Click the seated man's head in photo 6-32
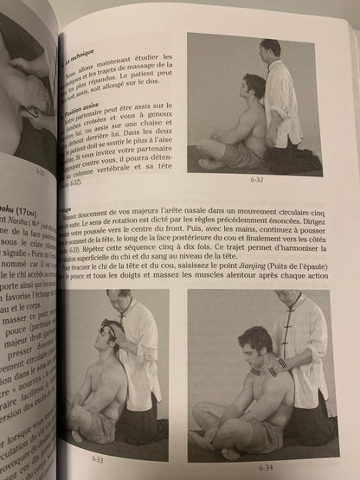click(x=254, y=86)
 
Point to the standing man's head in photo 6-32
click(x=272, y=48)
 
